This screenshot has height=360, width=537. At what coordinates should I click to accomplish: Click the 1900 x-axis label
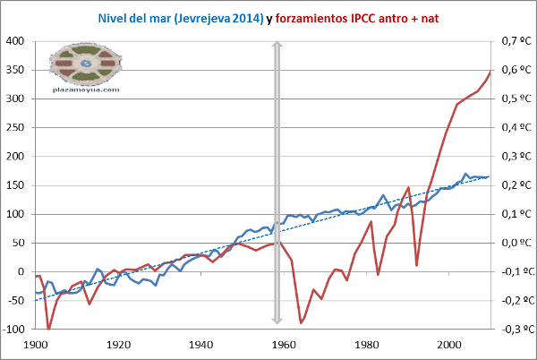pyautogui.click(x=36, y=344)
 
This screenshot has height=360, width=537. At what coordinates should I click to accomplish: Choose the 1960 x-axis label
pyautogui.click(x=285, y=344)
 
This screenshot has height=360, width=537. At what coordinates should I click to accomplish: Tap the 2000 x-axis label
pyautogui.click(x=450, y=344)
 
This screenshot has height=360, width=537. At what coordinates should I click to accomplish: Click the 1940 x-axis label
pyautogui.click(x=201, y=344)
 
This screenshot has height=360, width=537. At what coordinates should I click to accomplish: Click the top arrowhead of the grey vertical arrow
pyautogui.click(x=277, y=46)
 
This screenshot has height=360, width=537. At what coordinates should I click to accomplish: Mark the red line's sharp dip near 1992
pyautogui.click(x=416, y=265)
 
